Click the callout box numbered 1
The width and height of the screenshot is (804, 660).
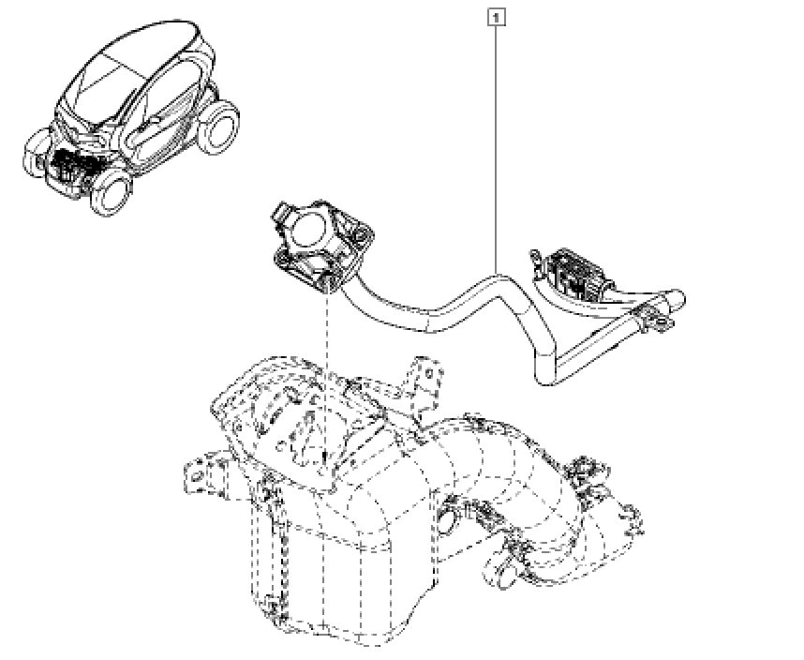(x=496, y=19)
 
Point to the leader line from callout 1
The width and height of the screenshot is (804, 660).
(x=496, y=149)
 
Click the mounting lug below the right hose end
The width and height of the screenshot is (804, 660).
(x=662, y=324)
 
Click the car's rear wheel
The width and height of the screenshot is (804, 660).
(x=219, y=127)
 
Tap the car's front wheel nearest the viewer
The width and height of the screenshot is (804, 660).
(x=111, y=193)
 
